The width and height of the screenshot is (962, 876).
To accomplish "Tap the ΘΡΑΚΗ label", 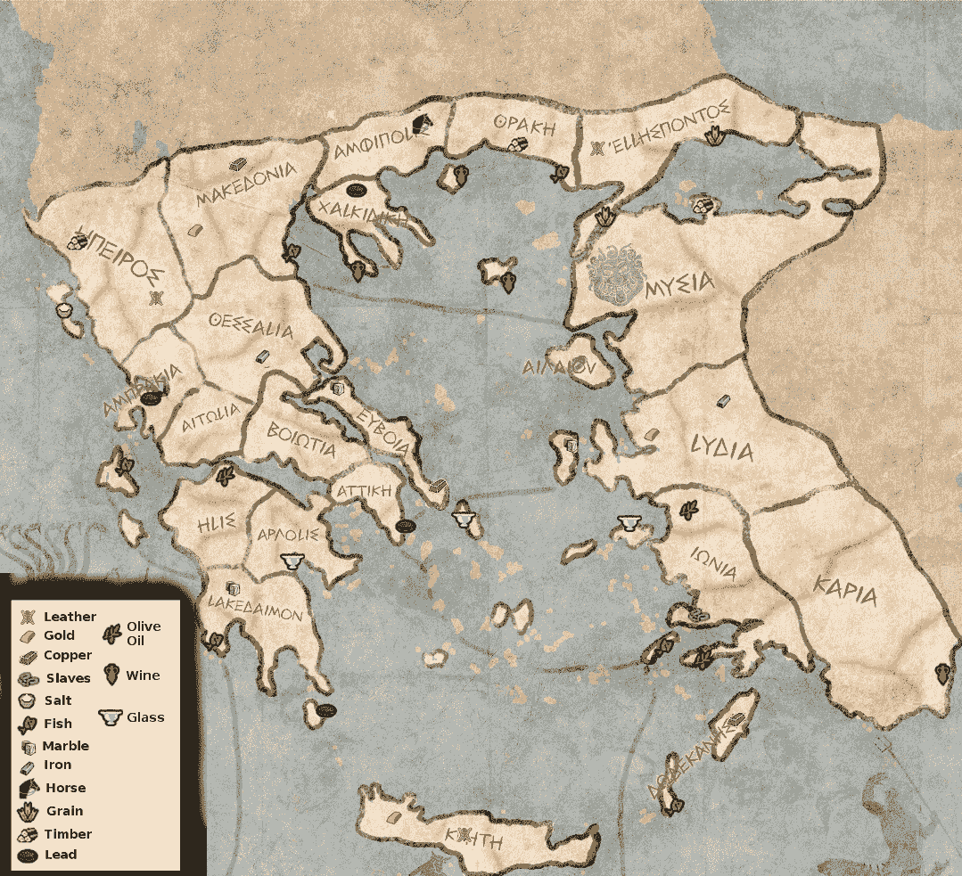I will click(524, 127).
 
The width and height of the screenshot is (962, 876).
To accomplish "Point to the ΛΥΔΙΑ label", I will click(721, 448).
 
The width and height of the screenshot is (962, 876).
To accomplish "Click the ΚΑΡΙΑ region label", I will click(845, 590).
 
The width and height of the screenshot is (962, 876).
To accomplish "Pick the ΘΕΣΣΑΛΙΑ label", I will click(251, 326).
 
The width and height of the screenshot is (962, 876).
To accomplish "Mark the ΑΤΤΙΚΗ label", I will click(364, 491).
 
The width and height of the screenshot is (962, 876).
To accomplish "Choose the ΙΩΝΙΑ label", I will click(714, 564).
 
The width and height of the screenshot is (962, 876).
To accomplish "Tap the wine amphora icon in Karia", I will click(941, 673).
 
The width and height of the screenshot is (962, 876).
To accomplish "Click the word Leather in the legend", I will click(70, 617).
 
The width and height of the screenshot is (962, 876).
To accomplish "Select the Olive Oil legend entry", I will click(143, 633).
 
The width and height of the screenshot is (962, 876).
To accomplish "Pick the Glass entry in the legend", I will click(145, 716).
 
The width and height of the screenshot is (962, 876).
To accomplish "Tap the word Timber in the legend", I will click(68, 834).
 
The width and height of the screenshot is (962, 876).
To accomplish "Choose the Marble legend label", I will click(66, 746).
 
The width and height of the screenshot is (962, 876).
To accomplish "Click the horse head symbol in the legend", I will click(29, 788).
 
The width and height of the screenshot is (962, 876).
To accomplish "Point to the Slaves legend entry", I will click(68, 678).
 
